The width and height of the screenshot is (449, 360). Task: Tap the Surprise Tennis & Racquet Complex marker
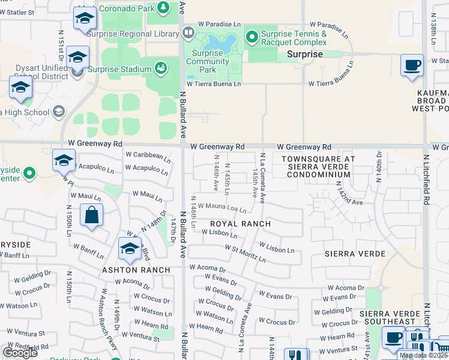[x=251, y=38]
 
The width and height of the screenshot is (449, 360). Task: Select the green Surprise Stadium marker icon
[x=161, y=68]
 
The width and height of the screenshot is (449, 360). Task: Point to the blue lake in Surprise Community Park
[x=219, y=42]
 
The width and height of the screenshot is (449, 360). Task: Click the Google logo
[x=20, y=352]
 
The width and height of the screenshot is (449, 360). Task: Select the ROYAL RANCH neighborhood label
[x=240, y=224]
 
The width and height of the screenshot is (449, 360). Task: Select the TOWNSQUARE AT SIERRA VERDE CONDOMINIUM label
[x=318, y=166]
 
